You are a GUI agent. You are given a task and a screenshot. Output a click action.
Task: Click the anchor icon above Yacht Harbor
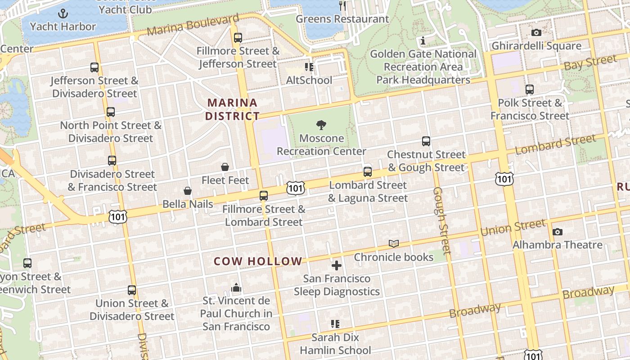pyautogui.click(x=63, y=13)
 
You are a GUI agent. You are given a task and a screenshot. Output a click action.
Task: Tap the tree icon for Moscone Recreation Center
pyautogui.click(x=321, y=125)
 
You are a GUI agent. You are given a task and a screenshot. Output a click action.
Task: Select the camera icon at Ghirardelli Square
pyautogui.click(x=536, y=32)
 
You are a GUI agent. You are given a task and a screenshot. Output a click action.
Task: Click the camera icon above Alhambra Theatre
pyautogui.click(x=558, y=232)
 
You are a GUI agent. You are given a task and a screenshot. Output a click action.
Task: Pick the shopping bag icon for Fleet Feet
pyautogui.click(x=225, y=167)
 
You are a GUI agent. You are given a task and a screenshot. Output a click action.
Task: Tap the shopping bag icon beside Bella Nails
pyautogui.click(x=188, y=191)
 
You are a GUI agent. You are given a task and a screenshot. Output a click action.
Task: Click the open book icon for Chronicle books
pyautogui.click(x=394, y=244)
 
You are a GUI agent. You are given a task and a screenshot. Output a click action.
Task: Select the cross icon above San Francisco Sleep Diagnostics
pyautogui.click(x=336, y=265)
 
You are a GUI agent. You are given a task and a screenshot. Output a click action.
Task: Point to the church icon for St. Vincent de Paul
pyautogui.click(x=236, y=288)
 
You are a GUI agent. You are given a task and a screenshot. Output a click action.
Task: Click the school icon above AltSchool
pyautogui.click(x=309, y=67)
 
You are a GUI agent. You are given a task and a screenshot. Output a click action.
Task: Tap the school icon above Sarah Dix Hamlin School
pyautogui.click(x=335, y=324)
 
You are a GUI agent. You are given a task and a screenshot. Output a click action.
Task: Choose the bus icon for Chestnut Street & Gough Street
pyautogui.click(x=426, y=141)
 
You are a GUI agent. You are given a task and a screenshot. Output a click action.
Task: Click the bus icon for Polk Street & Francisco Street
pyautogui.click(x=530, y=90)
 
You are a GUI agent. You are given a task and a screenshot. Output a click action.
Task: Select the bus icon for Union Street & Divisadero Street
pyautogui.click(x=132, y=290)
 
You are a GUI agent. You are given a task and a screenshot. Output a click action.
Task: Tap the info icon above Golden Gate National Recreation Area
pyautogui.click(x=423, y=41)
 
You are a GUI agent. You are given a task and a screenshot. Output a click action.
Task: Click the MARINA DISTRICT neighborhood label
pyautogui.click(x=232, y=109)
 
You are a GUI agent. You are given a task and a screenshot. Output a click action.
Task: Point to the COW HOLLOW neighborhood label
pyautogui.click(x=258, y=261)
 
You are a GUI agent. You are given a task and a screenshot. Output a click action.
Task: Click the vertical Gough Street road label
pyautogui.click(x=441, y=220)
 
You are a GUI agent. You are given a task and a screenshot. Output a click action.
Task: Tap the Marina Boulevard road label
pyautogui.click(x=193, y=25)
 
